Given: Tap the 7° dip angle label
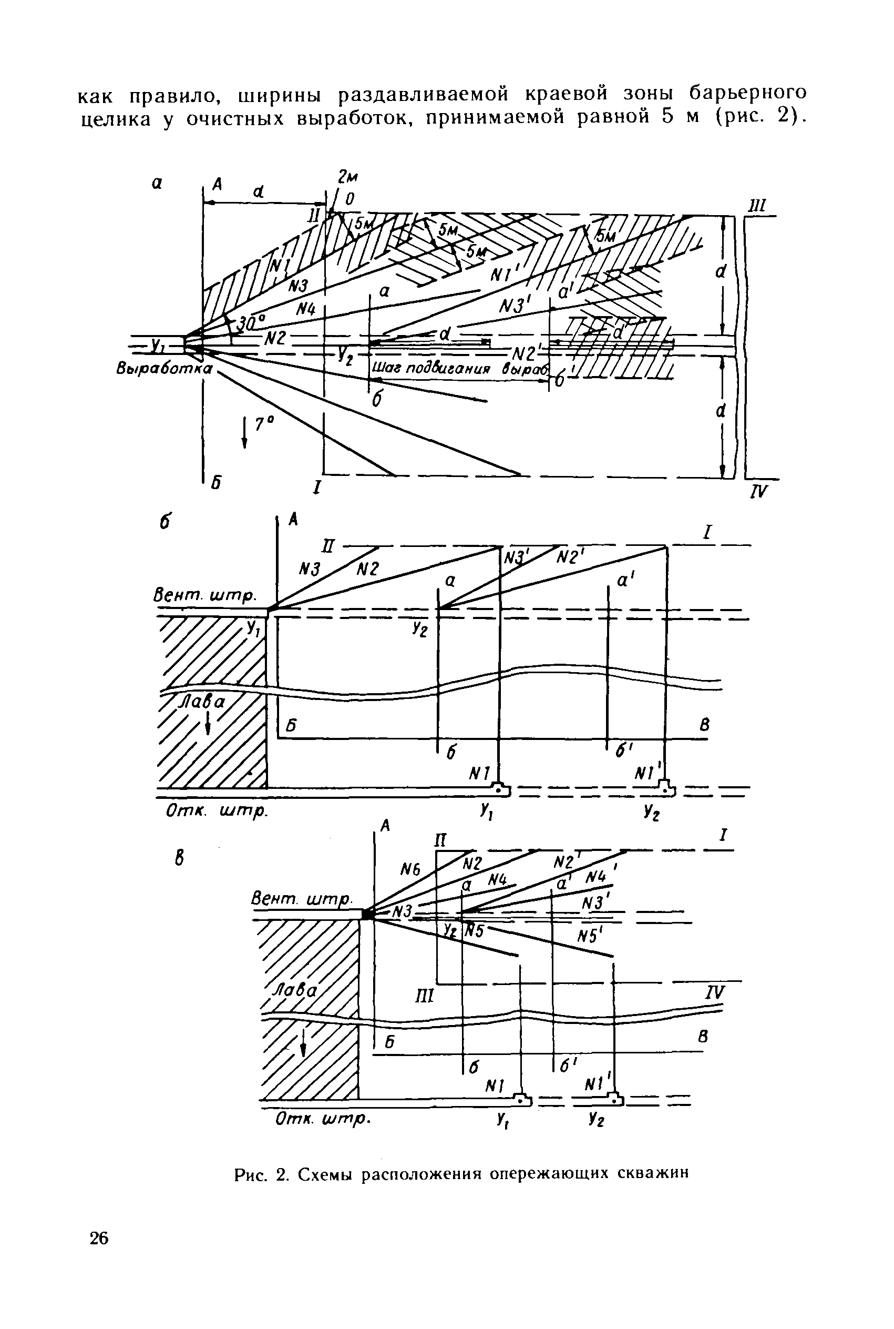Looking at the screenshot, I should [x=264, y=424].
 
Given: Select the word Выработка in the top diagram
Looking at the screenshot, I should [x=163, y=369].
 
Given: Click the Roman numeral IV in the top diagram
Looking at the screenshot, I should [x=759, y=491].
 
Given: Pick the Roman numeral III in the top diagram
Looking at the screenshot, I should [x=758, y=206].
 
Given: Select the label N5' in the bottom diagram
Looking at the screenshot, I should [x=590, y=936].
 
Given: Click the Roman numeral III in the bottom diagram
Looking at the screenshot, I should [x=425, y=997].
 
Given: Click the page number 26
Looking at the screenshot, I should [x=99, y=1239].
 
